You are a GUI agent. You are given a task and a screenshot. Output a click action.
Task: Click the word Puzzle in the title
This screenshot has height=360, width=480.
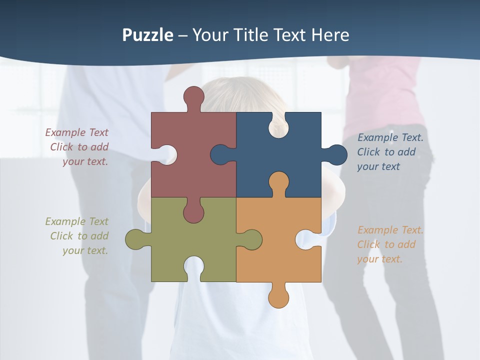coord(148,35)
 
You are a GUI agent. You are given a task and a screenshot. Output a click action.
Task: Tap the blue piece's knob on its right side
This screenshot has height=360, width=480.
coord(336,154)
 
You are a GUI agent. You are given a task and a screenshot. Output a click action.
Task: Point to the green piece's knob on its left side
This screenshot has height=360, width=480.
coord(136,239)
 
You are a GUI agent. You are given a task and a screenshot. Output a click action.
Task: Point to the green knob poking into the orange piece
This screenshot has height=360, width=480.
coord(251,239)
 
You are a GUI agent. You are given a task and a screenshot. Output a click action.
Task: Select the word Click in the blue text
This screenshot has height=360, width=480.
coord(368,152)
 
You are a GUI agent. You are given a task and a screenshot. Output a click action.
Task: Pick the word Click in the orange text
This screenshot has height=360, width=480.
coord(368,244)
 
